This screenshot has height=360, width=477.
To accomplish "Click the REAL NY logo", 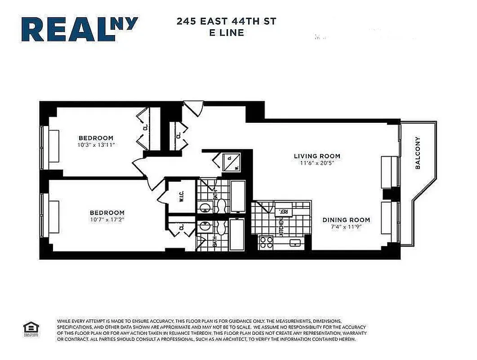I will (x=79, y=29).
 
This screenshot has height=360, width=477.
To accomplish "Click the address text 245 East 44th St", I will (x=227, y=21).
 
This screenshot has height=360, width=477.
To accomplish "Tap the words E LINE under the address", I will (x=227, y=32).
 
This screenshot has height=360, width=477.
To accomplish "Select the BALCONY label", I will (x=418, y=153).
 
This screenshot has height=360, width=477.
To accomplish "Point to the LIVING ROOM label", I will (x=317, y=156).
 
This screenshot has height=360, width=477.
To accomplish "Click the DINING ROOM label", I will (x=346, y=220).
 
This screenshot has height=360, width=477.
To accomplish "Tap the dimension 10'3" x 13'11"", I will (x=96, y=145).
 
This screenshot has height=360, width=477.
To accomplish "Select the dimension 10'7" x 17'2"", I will (x=107, y=220).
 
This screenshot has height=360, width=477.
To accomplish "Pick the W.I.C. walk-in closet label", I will (x=181, y=197).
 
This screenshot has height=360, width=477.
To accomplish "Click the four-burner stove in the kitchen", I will (x=266, y=243).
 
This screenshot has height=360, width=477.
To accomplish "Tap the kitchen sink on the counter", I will (x=295, y=243).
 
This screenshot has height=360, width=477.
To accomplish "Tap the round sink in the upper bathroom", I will (x=205, y=208).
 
